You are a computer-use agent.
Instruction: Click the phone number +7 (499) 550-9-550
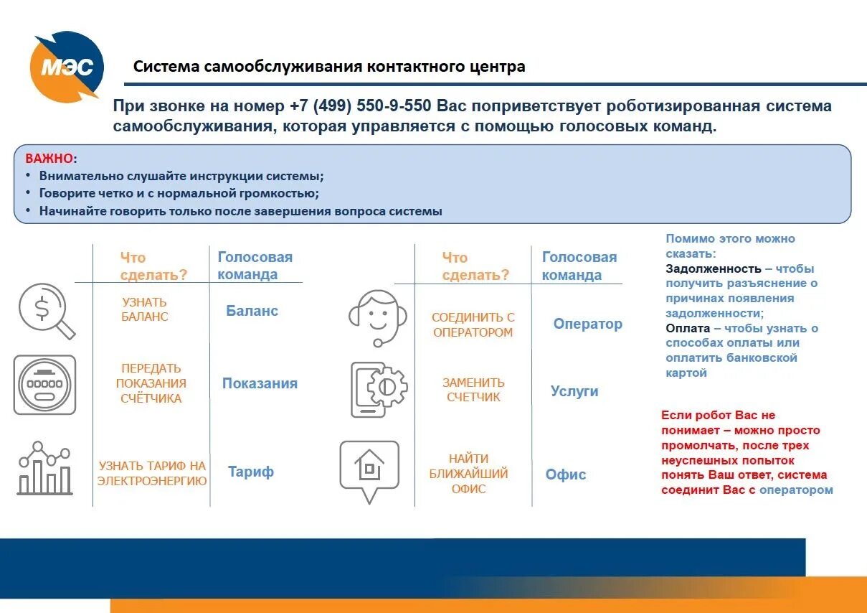361,106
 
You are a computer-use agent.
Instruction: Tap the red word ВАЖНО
49,158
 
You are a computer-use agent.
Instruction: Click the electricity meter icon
44,385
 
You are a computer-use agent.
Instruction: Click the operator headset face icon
378,317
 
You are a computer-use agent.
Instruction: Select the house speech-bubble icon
369,470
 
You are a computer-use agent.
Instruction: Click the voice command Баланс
252,311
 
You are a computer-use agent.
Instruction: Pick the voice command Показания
260,383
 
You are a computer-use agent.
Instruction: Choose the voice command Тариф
251,472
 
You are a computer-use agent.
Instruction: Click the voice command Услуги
574,391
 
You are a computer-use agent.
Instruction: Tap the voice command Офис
566,474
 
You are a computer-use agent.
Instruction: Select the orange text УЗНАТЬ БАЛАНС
145,309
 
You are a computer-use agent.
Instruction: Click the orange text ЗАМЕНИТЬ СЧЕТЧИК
473,390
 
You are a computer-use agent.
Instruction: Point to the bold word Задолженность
713,268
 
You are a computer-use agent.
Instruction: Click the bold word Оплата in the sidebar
687,328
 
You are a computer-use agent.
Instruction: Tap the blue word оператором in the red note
796,490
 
